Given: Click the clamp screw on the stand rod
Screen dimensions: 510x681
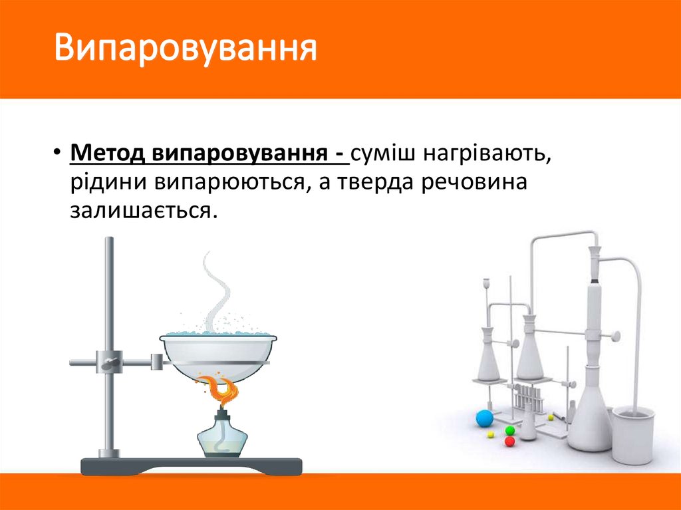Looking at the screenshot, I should pyautogui.click(x=108, y=362).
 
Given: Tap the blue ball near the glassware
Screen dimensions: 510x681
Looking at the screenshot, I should pyautogui.click(x=484, y=418).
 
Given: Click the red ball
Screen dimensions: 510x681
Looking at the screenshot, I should pyautogui.click(x=510, y=441).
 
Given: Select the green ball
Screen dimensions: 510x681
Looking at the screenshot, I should pyautogui.click(x=510, y=430).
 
